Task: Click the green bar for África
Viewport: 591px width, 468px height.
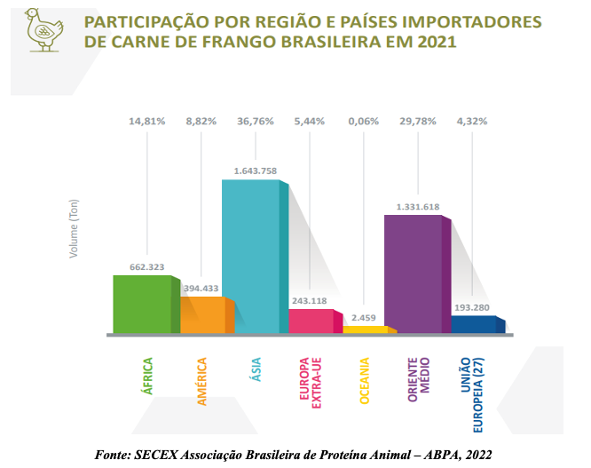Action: pos(141,305)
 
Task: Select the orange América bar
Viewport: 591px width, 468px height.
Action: pos(203,315)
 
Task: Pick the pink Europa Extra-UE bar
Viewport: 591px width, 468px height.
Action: pos(311,321)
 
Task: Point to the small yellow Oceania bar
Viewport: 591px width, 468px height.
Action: pos(365,329)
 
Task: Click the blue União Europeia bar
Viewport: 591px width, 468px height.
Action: pos(474,324)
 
